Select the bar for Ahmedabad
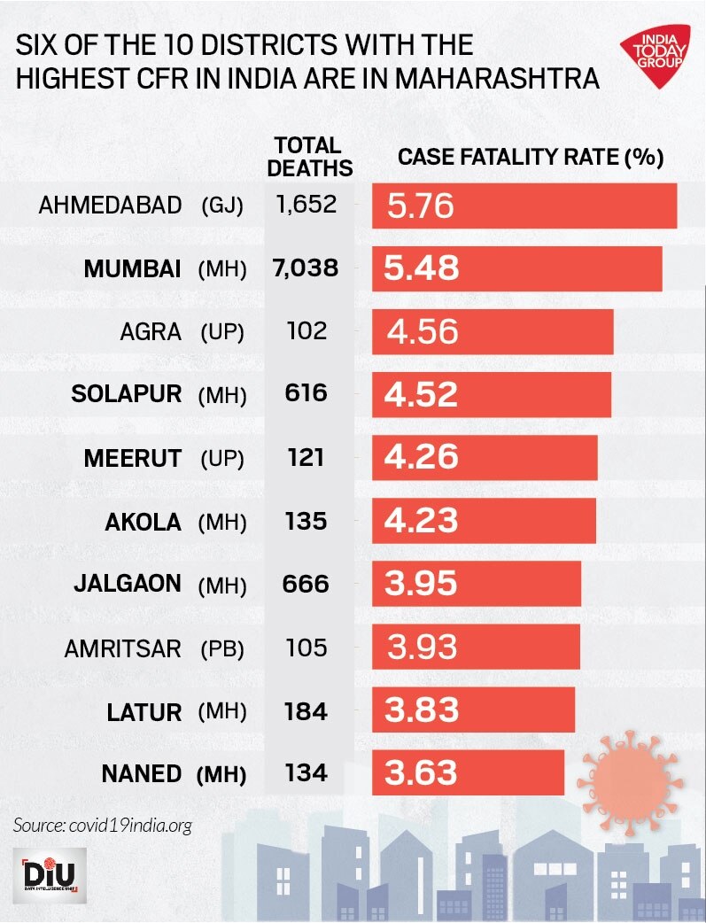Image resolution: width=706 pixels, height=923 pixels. [x=524, y=206]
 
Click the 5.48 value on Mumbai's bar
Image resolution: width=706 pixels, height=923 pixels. [x=422, y=268]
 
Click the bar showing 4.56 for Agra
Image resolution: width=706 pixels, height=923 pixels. [x=492, y=331]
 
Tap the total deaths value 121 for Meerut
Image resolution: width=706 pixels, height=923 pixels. [x=306, y=458]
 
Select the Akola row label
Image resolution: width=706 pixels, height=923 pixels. [x=143, y=521]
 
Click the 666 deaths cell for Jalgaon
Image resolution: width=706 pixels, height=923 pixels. [x=306, y=584]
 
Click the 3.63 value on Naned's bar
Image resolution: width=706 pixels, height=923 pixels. [x=422, y=772]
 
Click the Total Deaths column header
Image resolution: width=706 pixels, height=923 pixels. [x=309, y=156]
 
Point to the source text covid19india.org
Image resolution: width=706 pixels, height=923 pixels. [x=103, y=826]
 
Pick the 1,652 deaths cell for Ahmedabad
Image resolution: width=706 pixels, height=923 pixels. [x=306, y=205]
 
